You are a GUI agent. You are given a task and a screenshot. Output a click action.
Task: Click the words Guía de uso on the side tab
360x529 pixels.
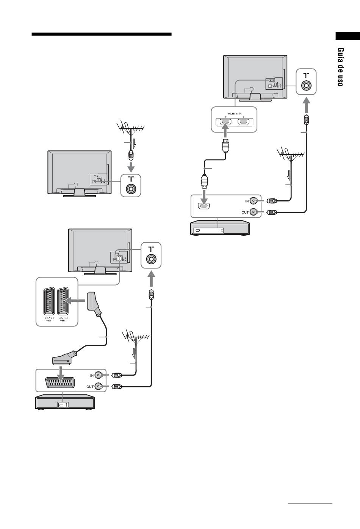tap(341, 67)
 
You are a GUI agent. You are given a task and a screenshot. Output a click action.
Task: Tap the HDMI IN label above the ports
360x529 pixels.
tap(234, 114)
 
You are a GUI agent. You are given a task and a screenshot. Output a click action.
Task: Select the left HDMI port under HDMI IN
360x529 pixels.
tap(225, 122)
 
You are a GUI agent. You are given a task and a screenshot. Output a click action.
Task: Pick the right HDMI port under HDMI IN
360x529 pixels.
tap(243, 122)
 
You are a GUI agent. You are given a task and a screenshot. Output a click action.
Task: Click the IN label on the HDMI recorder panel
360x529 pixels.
tap(247, 201)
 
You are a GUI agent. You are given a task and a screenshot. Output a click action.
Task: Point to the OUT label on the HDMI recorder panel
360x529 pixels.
tap(245, 212)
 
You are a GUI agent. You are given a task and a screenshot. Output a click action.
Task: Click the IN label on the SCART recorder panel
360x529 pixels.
tap(92, 375)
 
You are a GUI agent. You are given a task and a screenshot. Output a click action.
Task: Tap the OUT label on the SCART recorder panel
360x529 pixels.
tap(90, 387)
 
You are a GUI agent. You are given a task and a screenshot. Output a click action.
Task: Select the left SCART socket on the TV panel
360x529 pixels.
tap(49, 301)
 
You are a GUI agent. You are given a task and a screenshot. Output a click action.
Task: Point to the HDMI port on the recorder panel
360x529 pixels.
tap(204, 206)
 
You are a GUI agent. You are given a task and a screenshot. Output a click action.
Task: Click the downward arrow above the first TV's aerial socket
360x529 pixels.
tap(131, 167)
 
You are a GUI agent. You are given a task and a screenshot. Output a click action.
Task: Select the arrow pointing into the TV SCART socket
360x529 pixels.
tap(75, 301)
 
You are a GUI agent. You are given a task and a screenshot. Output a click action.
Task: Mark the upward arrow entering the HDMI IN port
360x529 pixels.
tap(226, 130)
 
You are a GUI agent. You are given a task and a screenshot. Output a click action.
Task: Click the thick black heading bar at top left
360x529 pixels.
tap(102, 34)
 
